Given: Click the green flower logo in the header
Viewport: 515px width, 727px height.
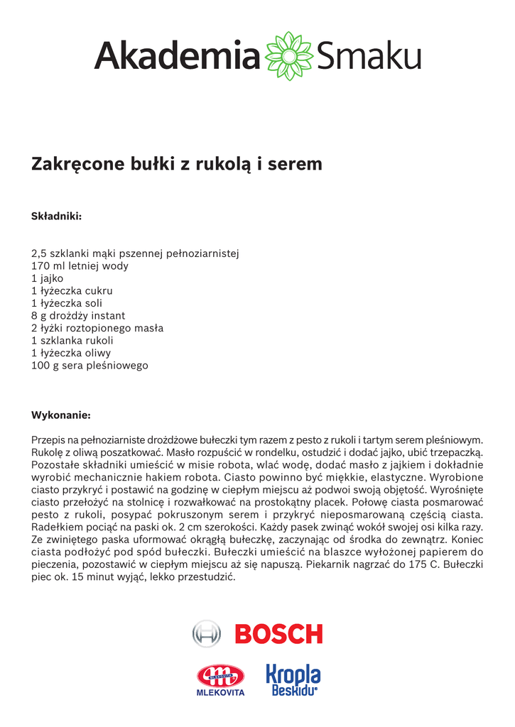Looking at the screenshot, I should [x=289, y=55].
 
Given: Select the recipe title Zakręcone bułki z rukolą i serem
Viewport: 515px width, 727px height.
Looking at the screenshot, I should [x=177, y=164].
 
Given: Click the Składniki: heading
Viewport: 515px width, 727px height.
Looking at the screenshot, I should [x=57, y=215].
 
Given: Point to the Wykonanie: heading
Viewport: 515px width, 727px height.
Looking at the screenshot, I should [x=61, y=415].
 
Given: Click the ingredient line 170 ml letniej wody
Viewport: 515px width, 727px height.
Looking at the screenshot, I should [x=80, y=266].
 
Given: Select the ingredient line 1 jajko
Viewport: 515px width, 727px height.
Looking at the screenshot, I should [x=48, y=278].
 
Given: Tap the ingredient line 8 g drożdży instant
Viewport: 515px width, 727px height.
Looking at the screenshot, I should [x=78, y=315].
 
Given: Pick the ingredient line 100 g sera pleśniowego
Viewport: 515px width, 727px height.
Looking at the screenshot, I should [x=90, y=365].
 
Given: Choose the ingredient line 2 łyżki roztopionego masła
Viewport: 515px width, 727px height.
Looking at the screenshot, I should [x=97, y=328].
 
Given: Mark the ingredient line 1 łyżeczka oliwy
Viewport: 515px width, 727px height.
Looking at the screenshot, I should [x=71, y=353].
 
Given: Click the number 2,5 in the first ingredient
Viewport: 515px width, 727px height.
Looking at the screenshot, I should [x=39, y=253].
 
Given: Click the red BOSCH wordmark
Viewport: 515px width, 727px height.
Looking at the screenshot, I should [x=278, y=633].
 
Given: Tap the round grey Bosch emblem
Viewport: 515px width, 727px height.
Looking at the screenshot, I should [x=207, y=633].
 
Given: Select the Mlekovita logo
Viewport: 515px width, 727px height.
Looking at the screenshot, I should [x=220, y=680].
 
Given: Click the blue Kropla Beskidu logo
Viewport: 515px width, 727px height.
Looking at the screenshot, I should [x=293, y=680].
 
